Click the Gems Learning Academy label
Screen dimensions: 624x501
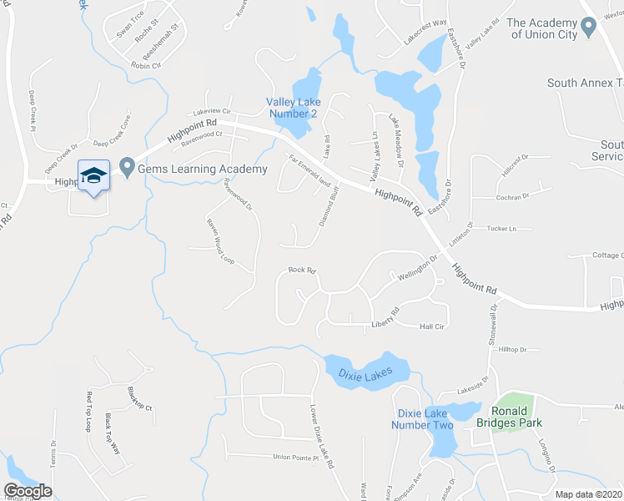click(203, 169)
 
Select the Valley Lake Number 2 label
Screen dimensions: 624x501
click(292, 108)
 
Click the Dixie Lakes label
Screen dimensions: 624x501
click(365, 376)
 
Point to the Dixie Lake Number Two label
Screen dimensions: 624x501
click(425, 419)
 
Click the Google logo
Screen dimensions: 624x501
click(28, 491)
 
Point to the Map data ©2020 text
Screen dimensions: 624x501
click(588, 494)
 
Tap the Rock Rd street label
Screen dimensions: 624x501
click(303, 270)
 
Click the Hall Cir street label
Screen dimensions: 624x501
click(432, 326)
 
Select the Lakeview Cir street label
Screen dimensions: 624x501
click(210, 111)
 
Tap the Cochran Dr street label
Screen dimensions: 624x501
click(513, 197)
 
